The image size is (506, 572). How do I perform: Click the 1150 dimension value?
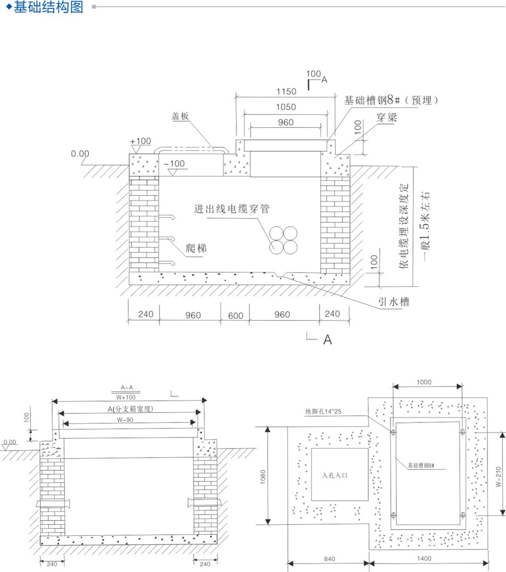click(x=286, y=92)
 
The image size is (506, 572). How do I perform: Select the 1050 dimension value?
click(x=286, y=107)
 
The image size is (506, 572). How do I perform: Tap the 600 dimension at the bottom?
click(x=235, y=316)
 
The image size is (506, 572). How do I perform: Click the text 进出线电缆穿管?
click(x=231, y=209)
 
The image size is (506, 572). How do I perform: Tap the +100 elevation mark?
click(x=141, y=141)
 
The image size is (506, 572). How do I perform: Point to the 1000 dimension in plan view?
click(x=425, y=382)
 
